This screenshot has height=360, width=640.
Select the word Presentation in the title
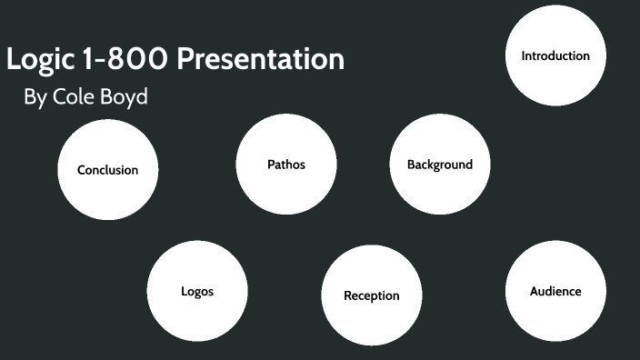(x=260, y=60)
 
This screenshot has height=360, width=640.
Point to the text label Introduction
(x=555, y=55)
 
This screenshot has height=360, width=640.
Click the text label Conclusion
(x=107, y=170)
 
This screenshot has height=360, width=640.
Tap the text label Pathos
(x=286, y=165)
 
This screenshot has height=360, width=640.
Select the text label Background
(x=440, y=165)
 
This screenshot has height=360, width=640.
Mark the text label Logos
(x=197, y=292)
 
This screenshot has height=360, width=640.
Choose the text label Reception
(x=371, y=295)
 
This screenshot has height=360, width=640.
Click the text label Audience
(x=555, y=291)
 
